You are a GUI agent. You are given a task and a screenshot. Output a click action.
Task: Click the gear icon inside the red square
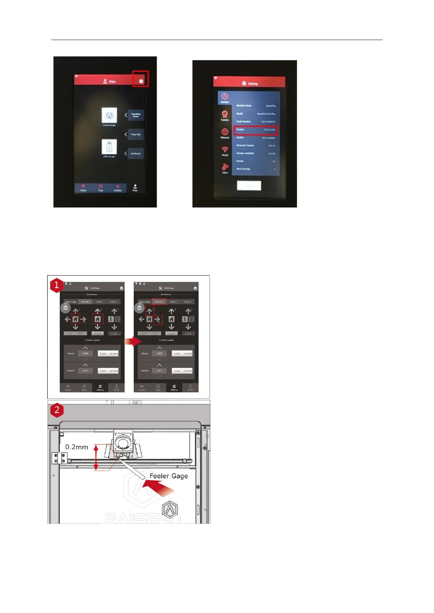(x=141, y=81)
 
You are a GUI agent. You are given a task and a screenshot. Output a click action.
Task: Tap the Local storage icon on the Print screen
(x=109, y=116)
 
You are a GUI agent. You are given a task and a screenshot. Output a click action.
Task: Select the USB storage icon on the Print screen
(x=109, y=147)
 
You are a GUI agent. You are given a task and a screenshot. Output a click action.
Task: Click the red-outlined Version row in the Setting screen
(x=255, y=130)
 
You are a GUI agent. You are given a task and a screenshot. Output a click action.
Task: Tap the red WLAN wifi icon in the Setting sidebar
(x=225, y=150)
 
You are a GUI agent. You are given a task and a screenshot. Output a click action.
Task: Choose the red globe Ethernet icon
(x=225, y=132)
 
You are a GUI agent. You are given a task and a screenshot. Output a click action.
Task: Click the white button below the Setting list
(x=249, y=186)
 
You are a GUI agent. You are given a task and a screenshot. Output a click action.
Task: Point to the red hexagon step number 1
(x=56, y=285)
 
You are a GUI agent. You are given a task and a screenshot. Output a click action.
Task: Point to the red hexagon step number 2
(x=56, y=410)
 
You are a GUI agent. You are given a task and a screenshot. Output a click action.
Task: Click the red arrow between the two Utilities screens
(x=133, y=341)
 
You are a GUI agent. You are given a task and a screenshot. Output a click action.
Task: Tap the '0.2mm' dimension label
(x=77, y=447)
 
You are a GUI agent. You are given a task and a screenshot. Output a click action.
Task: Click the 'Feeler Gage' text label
(x=169, y=476)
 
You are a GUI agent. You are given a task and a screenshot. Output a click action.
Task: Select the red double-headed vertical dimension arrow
(x=96, y=458)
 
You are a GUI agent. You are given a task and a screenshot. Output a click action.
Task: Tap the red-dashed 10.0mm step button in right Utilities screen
(x=159, y=302)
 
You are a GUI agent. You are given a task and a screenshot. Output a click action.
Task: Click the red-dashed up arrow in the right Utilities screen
(x=149, y=311)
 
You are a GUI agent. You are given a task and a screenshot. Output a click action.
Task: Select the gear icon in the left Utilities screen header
(x=121, y=288)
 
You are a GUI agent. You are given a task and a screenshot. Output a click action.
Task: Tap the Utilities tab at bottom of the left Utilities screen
(x=100, y=388)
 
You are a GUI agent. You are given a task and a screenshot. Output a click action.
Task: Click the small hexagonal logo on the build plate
(x=170, y=510)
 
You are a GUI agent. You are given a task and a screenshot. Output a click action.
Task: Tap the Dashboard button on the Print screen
(x=136, y=153)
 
